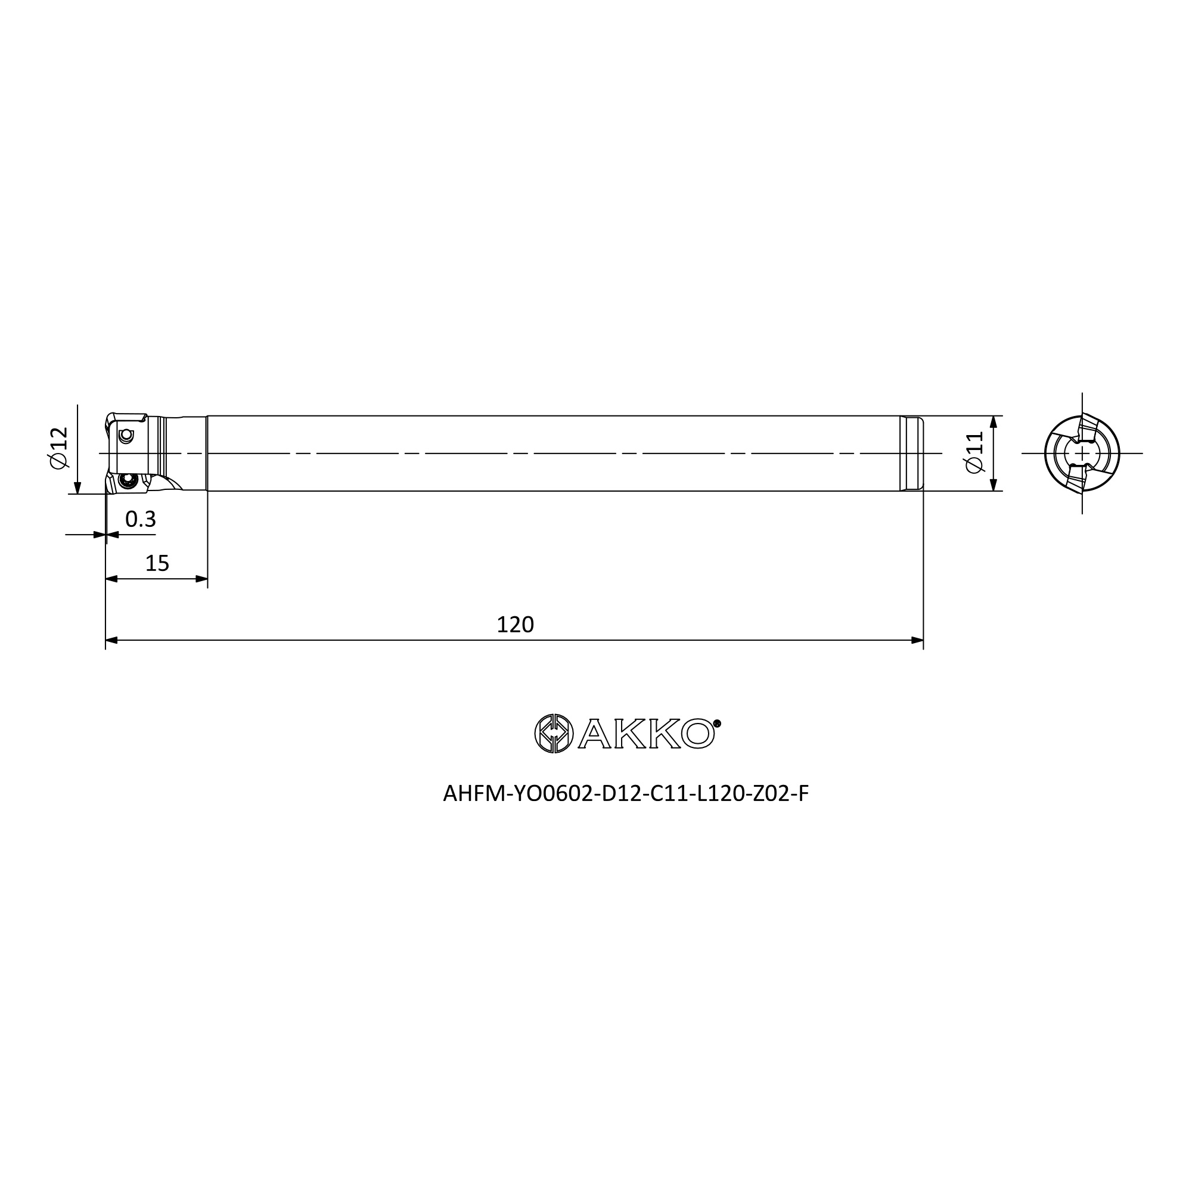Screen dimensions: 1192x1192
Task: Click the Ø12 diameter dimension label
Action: [59, 448]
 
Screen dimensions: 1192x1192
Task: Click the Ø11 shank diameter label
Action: [974, 453]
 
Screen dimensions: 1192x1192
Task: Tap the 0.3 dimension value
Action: [141, 520]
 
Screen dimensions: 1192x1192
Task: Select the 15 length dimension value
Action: [157, 563]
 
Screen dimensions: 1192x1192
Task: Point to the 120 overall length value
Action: [515, 625]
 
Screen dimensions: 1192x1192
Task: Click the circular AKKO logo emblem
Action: [554, 734]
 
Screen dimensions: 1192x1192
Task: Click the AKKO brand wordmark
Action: [647, 734]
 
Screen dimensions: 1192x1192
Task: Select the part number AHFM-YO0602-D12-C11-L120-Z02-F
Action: [626, 793]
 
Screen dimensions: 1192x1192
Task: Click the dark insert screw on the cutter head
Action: [129, 480]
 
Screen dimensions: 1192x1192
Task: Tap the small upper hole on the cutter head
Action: [126, 436]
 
